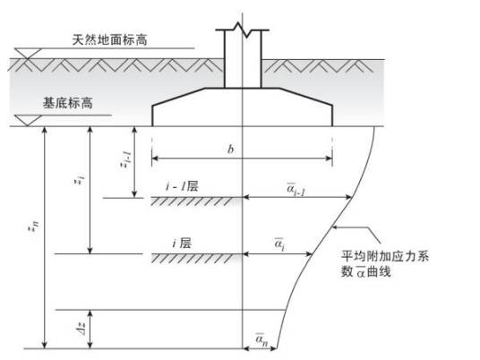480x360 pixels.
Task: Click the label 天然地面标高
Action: click(109, 39)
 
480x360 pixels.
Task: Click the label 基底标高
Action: click(68, 103)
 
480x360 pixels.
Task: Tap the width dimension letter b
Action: click(230, 149)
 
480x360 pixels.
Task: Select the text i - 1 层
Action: click(182, 186)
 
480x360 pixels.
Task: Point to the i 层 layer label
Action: click(182, 244)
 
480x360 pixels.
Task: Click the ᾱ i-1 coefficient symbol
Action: click(296, 188)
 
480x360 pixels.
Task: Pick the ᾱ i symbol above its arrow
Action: click(279, 244)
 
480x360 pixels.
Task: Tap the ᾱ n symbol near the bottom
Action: click(261, 339)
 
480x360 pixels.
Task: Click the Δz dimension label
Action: click(81, 329)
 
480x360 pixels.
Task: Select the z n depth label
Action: click(35, 227)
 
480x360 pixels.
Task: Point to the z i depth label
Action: click(80, 180)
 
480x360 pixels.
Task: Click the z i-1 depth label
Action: click(125, 160)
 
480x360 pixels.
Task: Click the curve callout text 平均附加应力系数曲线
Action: click(385, 263)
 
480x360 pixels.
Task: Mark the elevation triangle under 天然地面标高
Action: click(28, 53)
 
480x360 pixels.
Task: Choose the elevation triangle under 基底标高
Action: click(28, 120)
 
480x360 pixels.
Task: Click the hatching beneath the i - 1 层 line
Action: click(195, 201)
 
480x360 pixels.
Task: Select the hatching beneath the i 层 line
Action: click(195, 259)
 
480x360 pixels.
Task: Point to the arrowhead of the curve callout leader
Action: click(335, 227)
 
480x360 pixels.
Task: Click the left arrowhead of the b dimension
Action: click(155, 159)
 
